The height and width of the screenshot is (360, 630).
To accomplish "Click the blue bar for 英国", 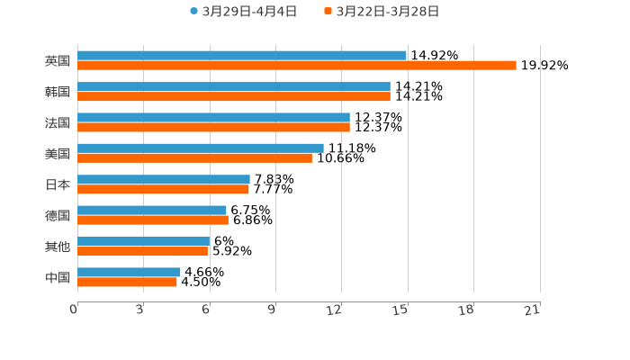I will click(241, 56).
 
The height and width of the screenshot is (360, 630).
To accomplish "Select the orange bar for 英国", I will click(296, 66).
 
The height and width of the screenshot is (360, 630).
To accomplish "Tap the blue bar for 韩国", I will click(233, 86).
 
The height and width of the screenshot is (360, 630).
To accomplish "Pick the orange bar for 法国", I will click(213, 128).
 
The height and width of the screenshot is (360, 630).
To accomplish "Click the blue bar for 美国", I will click(200, 148).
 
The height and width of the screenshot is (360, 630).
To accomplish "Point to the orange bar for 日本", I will click(163, 190).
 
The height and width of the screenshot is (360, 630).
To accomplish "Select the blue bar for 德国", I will click(151, 210).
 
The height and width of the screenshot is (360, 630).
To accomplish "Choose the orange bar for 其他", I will click(142, 251).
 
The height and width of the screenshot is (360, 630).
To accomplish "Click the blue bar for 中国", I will click(129, 272).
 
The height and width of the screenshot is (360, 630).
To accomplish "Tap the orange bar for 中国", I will click(127, 282).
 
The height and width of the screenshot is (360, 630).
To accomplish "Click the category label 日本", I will click(58, 184).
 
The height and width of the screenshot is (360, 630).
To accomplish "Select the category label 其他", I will click(58, 247).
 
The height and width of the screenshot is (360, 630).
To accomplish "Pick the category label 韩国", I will click(58, 92).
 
